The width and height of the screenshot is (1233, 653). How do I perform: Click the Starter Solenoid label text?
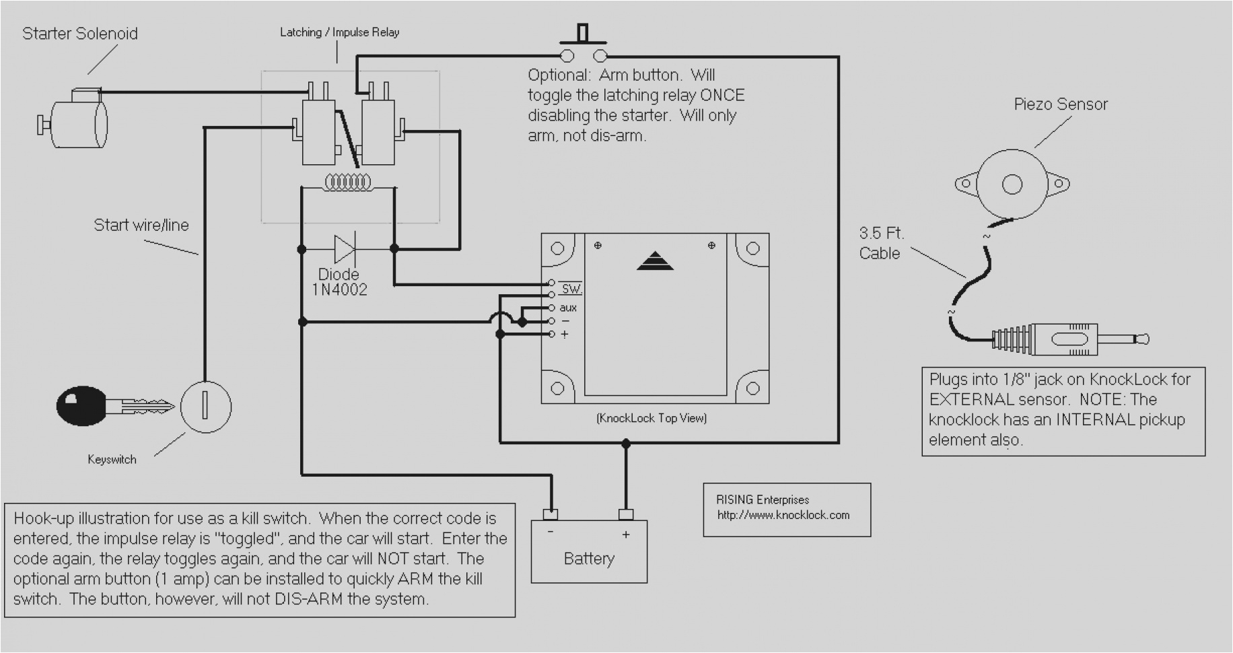pyautogui.click(x=79, y=34)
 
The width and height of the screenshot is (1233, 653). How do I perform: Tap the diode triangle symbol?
pyautogui.click(x=344, y=249)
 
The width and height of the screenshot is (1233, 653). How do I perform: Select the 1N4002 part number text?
pyautogui.click(x=339, y=290)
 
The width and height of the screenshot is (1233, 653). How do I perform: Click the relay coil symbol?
pyautogui.click(x=348, y=182)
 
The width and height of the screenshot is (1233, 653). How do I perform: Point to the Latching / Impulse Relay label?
pyautogui.click(x=339, y=32)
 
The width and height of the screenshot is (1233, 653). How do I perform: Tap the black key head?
pyautogui.click(x=81, y=405)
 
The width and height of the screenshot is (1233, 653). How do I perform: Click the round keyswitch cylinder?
pyautogui.click(x=206, y=406)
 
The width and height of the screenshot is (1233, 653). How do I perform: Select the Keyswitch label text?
pyautogui.click(x=112, y=460)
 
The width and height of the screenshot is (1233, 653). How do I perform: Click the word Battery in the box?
pyautogui.click(x=589, y=559)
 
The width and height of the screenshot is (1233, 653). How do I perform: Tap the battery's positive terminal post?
pyautogui.click(x=626, y=515)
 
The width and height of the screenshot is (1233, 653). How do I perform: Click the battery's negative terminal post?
pyautogui.click(x=551, y=515)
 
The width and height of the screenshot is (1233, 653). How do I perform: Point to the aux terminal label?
pyautogui.click(x=568, y=308)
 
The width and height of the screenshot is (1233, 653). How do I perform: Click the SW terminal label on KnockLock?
pyautogui.click(x=571, y=289)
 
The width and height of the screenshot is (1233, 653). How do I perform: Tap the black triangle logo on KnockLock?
pyautogui.click(x=655, y=261)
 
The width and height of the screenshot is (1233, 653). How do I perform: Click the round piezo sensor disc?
pyautogui.click(x=1012, y=184)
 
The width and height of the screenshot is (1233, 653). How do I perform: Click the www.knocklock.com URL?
pyautogui.click(x=783, y=515)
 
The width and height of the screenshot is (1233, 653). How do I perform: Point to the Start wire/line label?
pyautogui.click(x=141, y=225)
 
